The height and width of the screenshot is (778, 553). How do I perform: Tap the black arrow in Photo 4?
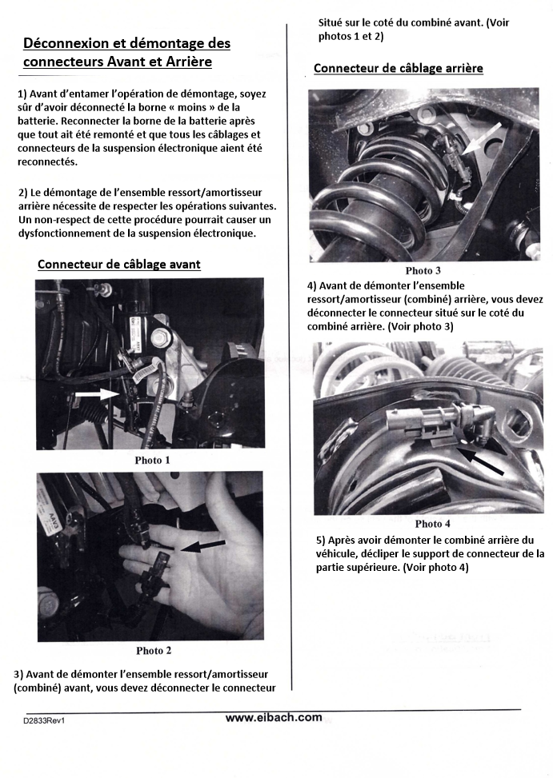point(481,461)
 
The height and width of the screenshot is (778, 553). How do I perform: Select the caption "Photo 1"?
point(152,461)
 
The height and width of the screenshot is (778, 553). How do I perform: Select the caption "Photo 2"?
point(153,650)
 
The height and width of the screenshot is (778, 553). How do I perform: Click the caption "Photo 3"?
point(423,270)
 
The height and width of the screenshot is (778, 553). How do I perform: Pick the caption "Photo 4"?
point(433,524)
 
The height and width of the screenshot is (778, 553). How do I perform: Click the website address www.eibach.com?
point(274,717)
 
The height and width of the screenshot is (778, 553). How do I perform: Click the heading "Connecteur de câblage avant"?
point(119,264)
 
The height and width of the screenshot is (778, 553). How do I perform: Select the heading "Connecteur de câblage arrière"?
point(399,68)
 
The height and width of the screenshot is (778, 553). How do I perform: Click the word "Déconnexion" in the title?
point(67,43)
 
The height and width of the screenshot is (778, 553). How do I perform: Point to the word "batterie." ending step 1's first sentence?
point(39,120)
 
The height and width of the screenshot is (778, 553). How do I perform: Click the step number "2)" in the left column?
point(22,193)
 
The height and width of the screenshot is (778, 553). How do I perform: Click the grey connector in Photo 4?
point(415,422)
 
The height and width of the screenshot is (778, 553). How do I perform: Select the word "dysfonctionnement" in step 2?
point(66,233)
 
